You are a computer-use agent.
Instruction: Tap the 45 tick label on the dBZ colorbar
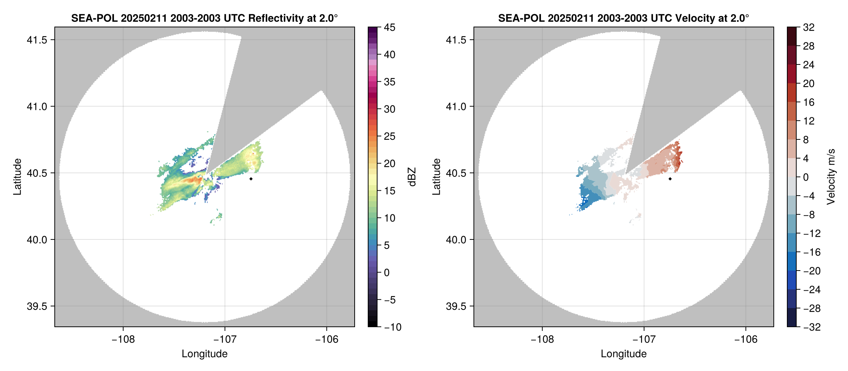pyautogui.click(x=390, y=27)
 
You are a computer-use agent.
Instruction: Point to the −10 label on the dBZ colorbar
pyautogui.click(x=393, y=327)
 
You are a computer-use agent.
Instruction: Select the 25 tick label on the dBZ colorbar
pyautogui.click(x=390, y=136)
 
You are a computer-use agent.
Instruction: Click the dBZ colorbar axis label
pyautogui.click(x=412, y=177)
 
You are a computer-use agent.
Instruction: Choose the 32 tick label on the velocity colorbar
pyautogui.click(x=809, y=27)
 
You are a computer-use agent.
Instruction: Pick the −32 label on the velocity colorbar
pyautogui.click(x=812, y=327)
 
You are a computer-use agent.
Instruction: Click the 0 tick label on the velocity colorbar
pyautogui.click(x=806, y=177)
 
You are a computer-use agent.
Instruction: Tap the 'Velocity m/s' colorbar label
pyautogui.click(x=831, y=177)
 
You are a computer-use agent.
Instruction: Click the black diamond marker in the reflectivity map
pyautogui.click(x=251, y=179)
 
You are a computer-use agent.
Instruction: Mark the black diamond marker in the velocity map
pyautogui.click(x=670, y=179)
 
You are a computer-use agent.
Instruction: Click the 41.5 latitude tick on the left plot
pyautogui.click(x=37, y=40)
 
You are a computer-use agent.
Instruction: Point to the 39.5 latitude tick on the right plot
pyautogui.click(x=456, y=306)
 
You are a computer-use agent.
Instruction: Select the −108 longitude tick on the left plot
pyautogui.click(x=123, y=339)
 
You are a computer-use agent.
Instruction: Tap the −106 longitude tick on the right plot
pyautogui.click(x=746, y=339)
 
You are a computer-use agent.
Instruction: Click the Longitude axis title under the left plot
pyautogui.click(x=205, y=354)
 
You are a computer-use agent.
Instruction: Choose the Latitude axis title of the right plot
pyautogui.click(x=436, y=177)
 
